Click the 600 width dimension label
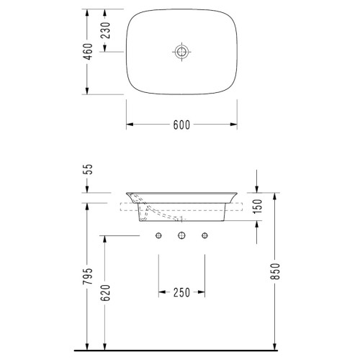181,125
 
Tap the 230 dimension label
105,30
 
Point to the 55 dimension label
89,169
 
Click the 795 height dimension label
87,276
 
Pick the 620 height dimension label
105,293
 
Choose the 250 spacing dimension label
181,292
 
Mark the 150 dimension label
257,206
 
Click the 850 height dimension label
275,271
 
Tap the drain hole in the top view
181,52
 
